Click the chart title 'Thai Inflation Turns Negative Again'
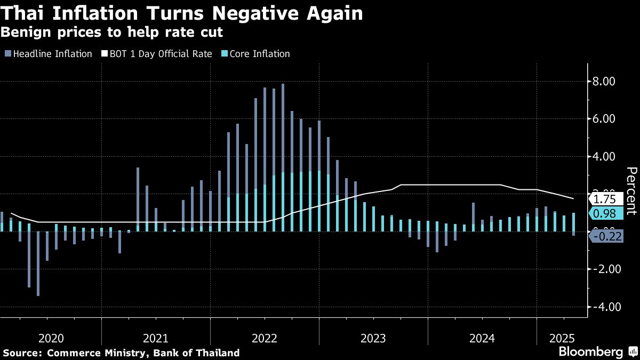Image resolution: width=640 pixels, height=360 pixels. (182, 13)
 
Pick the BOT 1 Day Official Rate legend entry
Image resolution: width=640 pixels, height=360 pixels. (161, 54)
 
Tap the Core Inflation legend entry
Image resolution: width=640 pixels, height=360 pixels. (259, 54)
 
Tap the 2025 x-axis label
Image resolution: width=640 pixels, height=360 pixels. (562, 338)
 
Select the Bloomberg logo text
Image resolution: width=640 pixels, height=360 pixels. (590, 352)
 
